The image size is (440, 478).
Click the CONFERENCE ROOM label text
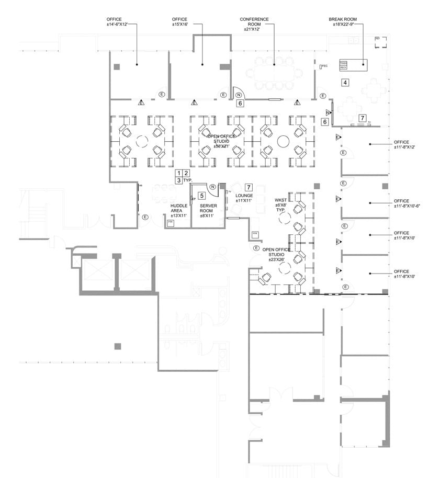pyautogui.click(x=254, y=25)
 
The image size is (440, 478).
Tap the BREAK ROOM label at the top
pyautogui.click(x=343, y=21)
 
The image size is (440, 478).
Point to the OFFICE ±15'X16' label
pyautogui.click(x=179, y=21)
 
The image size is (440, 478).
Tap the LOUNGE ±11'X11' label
pyautogui.click(x=244, y=198)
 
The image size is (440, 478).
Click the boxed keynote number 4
pyautogui.click(x=345, y=83)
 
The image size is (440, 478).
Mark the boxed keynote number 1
pyautogui.click(x=178, y=173)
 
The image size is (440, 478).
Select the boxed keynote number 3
pyautogui.click(x=178, y=180)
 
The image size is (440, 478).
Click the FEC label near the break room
pyautogui.click(x=324, y=66)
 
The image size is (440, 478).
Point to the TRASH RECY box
pyautogui.click(x=344, y=65)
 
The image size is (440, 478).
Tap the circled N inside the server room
pyautogui.click(x=213, y=187)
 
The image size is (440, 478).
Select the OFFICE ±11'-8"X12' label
pyautogui.click(x=404, y=145)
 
